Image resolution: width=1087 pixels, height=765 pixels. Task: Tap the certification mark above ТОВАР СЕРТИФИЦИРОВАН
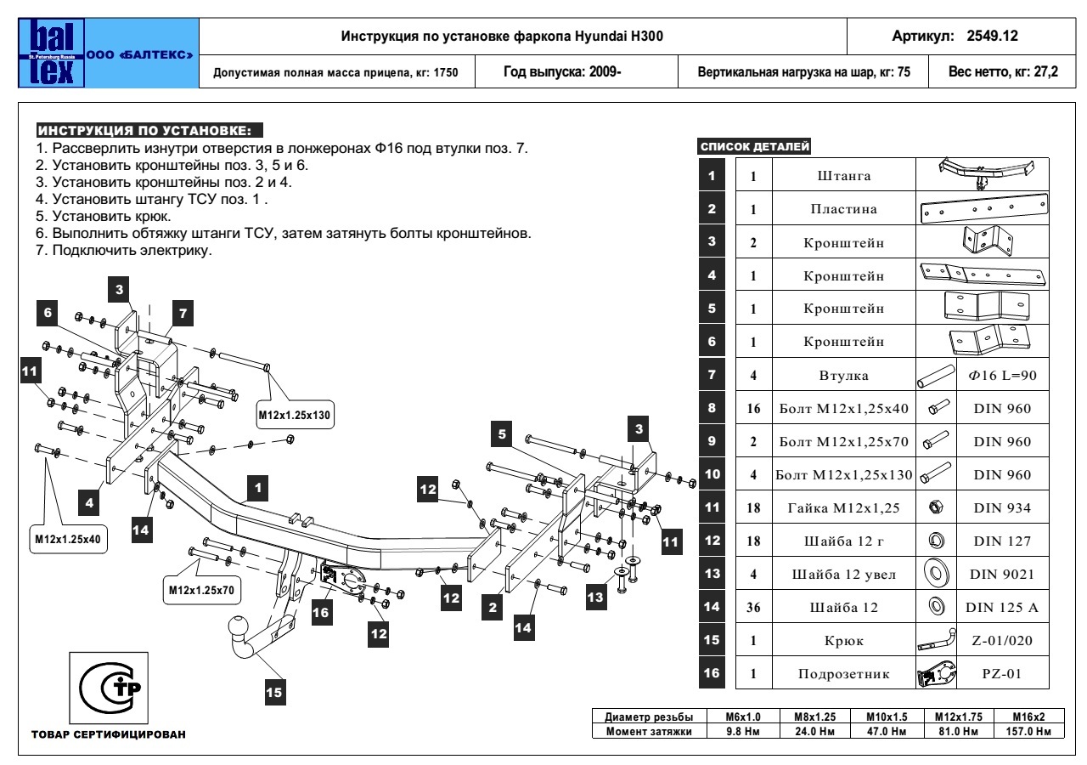[110, 687]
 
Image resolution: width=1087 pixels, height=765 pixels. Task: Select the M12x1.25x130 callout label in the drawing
[293, 416]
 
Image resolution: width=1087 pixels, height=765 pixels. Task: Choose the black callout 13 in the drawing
[598, 598]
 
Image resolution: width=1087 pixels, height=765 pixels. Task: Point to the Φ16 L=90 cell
[999, 374]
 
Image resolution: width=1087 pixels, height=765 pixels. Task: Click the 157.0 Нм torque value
[1025, 731]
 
